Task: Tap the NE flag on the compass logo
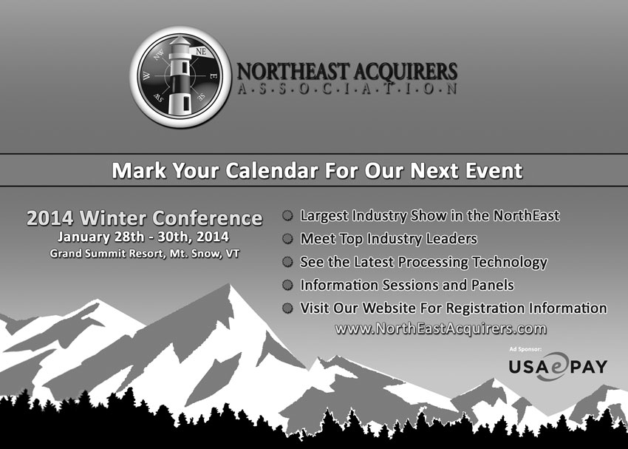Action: [x=201, y=52]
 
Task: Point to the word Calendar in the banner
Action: [x=272, y=170]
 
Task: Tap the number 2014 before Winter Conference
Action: [x=50, y=218]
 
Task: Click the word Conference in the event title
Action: [x=208, y=218]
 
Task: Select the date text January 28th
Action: [x=100, y=237]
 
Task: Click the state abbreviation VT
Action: [x=233, y=254]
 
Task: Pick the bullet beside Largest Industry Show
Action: [x=287, y=216]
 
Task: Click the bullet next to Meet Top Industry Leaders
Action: [x=287, y=238]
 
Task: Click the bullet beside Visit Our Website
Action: [x=287, y=308]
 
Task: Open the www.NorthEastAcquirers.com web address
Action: [x=440, y=329]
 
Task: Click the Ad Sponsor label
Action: [x=525, y=349]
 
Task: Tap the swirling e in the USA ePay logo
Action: [x=555, y=366]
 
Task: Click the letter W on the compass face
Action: [x=147, y=75]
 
